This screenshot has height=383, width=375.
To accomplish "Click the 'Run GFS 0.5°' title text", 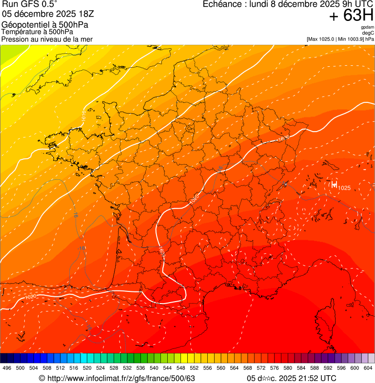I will [29, 4].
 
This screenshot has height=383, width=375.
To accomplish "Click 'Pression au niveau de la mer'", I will [47, 39].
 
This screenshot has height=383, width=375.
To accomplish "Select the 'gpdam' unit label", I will [368, 27].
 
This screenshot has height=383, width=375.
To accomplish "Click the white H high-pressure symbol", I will [334, 184].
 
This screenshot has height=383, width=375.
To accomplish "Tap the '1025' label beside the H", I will [344, 188].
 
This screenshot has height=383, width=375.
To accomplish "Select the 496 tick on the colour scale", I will [7, 368].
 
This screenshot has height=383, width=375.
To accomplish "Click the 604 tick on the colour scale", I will [368, 368].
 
